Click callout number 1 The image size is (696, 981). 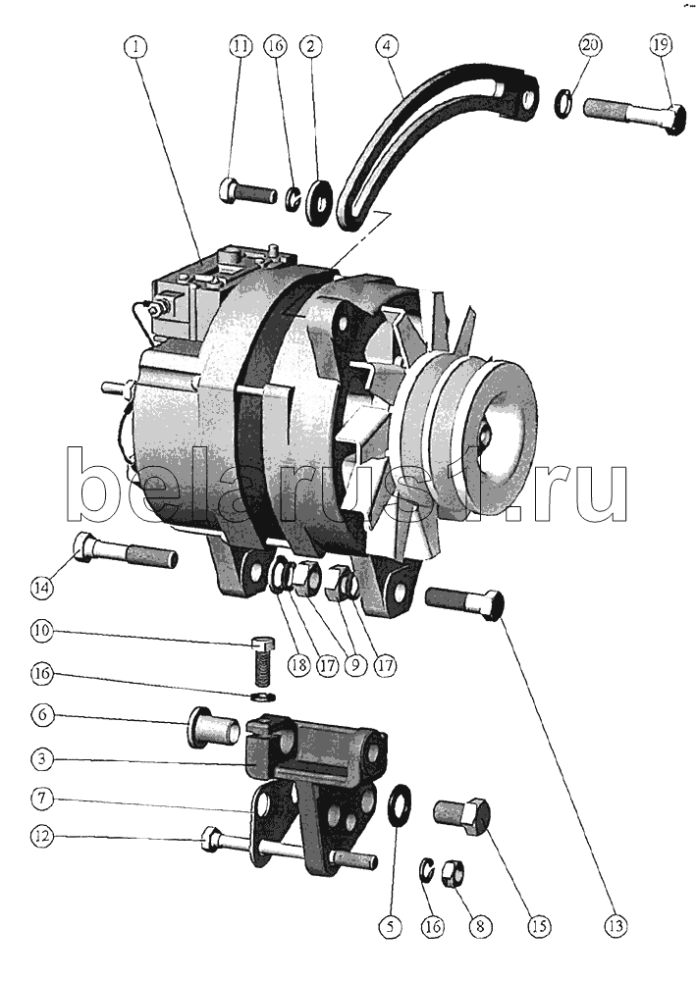click(x=137, y=46)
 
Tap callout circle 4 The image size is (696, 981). click(x=387, y=46)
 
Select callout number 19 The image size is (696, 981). click(x=661, y=45)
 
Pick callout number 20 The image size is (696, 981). click(x=590, y=45)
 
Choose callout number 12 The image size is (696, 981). click(x=42, y=836)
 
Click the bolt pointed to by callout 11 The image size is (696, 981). click(x=247, y=189)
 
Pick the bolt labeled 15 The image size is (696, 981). click(x=461, y=815)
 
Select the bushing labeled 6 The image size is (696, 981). click(x=213, y=728)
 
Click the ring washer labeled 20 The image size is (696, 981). click(x=565, y=103)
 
